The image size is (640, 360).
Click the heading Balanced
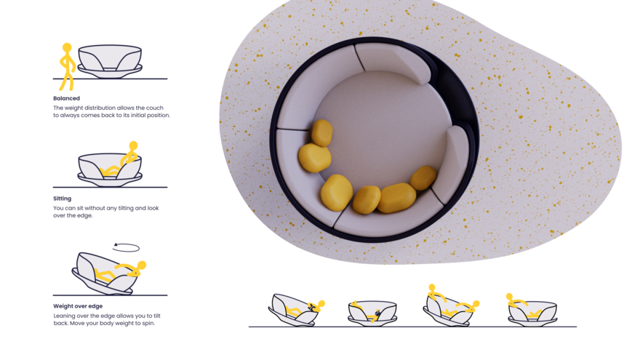[x=66, y=98]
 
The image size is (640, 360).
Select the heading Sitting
[x=62, y=199]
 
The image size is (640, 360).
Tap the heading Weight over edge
[x=78, y=306]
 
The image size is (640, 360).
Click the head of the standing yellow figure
[x=67, y=48]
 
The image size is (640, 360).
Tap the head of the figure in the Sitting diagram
[x=134, y=145]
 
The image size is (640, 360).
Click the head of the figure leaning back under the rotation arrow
[x=142, y=265]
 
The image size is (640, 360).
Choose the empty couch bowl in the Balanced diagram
[x=110, y=61]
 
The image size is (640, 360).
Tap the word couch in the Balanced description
[x=155, y=108]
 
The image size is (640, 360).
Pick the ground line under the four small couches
[x=412, y=327]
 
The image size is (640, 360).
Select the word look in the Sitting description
[x=153, y=208]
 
